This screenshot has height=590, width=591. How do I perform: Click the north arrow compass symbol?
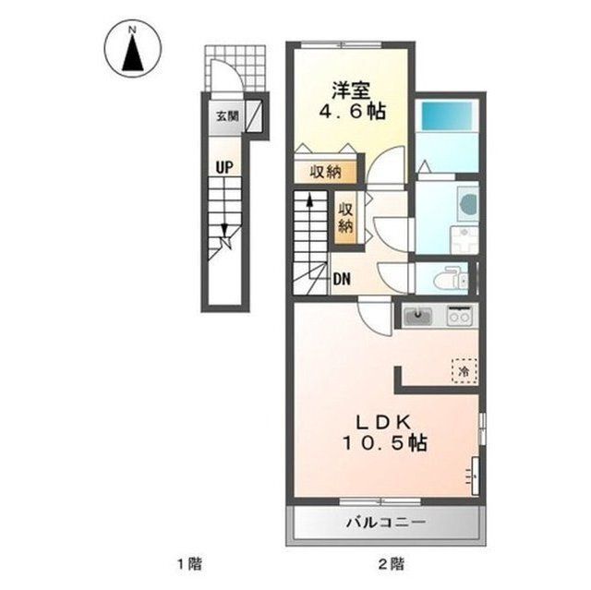133,49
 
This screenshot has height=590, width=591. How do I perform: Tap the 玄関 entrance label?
227,116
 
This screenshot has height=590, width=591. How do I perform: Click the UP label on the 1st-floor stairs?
224,167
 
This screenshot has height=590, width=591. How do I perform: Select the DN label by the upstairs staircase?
343,279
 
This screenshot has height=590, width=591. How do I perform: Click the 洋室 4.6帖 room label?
351,102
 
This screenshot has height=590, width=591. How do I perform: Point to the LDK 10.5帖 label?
384,432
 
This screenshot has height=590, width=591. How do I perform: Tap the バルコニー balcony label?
386,523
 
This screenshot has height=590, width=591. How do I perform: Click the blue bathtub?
447,116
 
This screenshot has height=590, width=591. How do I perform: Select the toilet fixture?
451,279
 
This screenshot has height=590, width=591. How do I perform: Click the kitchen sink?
418,316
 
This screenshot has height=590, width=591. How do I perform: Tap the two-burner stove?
459,316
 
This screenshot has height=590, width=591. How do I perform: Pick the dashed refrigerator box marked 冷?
464,371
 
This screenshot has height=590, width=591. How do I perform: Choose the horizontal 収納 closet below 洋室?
325,172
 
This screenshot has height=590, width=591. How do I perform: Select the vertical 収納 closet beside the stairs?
345,217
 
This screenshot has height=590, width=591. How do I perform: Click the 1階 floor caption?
190,564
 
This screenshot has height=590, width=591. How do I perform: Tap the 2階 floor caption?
392,564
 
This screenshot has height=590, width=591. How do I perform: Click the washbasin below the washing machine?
464,239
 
